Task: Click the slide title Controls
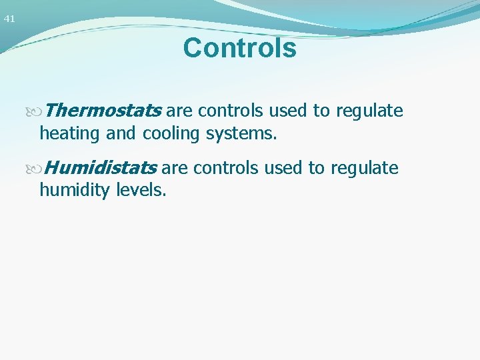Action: (239, 48)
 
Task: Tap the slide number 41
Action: (9, 19)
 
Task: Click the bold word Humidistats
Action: (101, 167)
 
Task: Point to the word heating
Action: (69, 133)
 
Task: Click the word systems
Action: (241, 133)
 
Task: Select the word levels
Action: (141, 191)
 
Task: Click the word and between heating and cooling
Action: (121, 133)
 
